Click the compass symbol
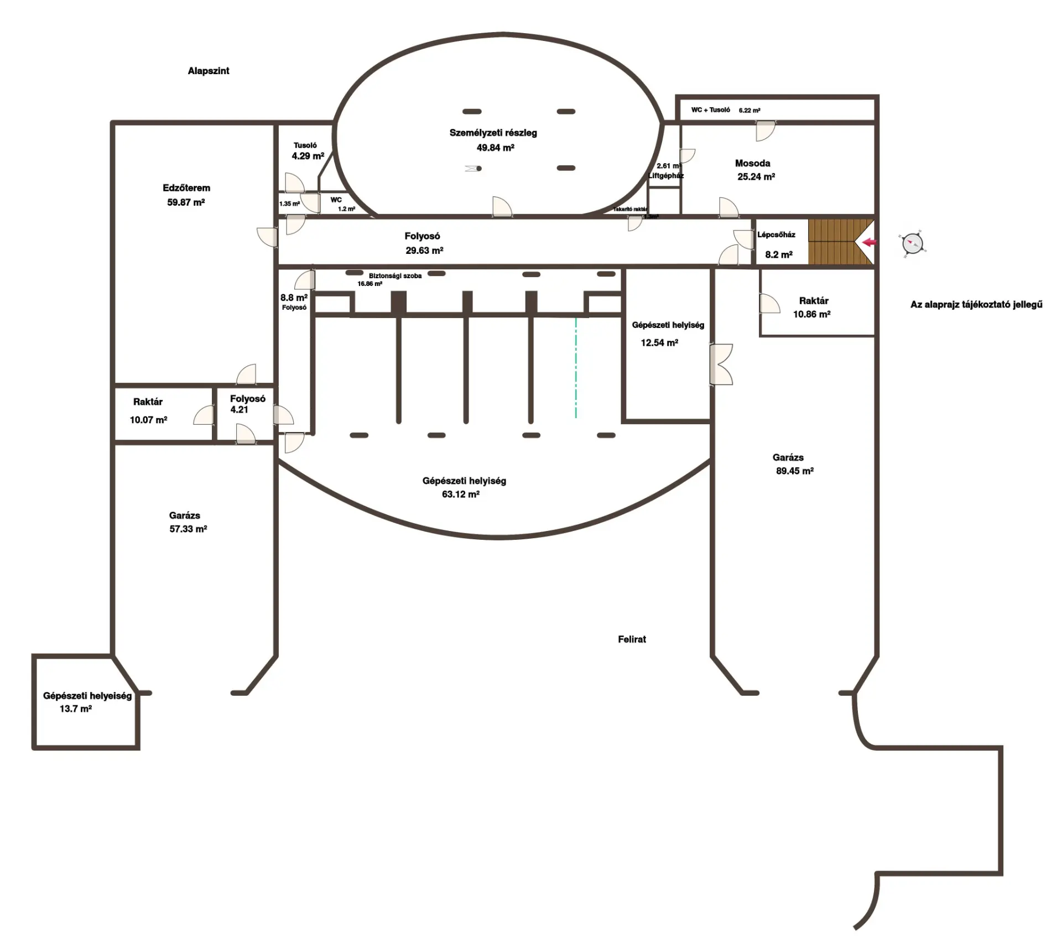[x=913, y=243]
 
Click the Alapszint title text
[x=209, y=71]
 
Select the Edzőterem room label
[x=186, y=188]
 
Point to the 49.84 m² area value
[x=496, y=148]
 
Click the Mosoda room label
[x=752, y=163]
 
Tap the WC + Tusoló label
[x=710, y=110]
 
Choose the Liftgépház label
[x=666, y=176]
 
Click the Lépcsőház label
[x=776, y=235]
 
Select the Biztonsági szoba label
[x=395, y=275]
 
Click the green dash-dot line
[x=576, y=368]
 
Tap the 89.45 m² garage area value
[x=795, y=471]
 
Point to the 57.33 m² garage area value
[x=188, y=529]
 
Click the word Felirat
[x=632, y=639]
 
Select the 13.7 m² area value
[x=76, y=709]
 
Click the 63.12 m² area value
[x=460, y=494]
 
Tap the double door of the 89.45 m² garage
[x=721, y=364]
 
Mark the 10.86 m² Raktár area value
[x=811, y=314]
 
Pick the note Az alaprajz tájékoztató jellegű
[x=976, y=305]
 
